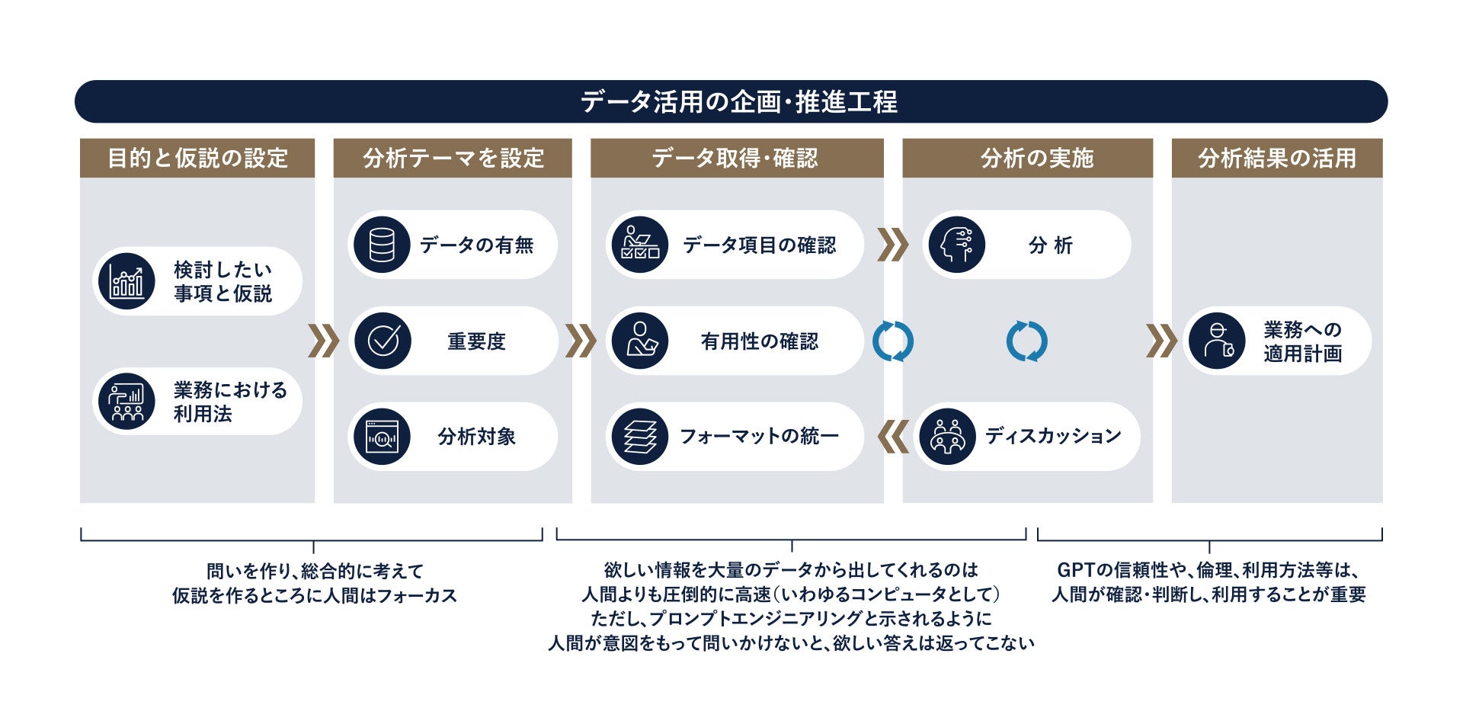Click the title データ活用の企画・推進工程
pos(738,101)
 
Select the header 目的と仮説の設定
pos(197,158)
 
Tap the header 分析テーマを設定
pos(453,158)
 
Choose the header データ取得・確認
pos(736,158)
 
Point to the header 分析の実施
pos(1036,158)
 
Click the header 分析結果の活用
pos(1276,158)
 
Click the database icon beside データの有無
pos(382,245)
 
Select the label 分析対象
pos(476,437)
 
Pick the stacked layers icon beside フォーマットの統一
pos(640,437)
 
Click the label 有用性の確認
pos(759,341)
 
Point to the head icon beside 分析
pos(956,245)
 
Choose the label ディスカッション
pos(1053,436)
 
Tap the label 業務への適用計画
pos(1302,341)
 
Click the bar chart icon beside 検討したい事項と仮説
pos(126,281)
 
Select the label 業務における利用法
pos(229,402)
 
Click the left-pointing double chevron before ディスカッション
pos(893,437)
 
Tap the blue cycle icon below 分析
pos(1026,341)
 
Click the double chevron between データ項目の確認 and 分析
pos(893,245)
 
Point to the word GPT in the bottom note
pos(1075,570)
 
